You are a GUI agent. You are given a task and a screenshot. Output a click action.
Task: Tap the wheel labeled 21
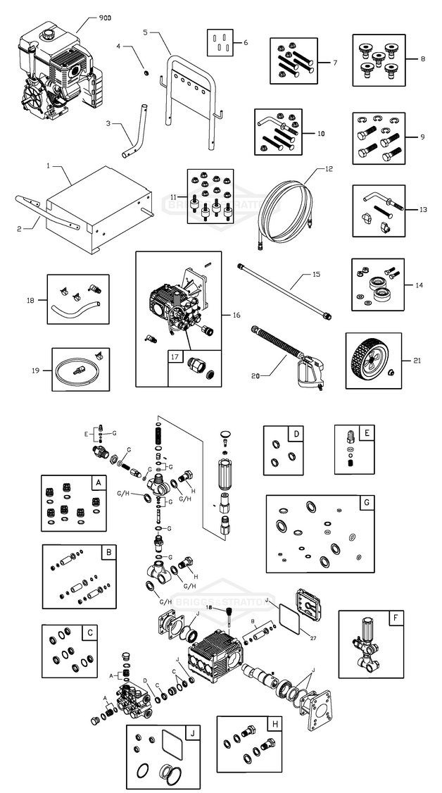pyautogui.click(x=370, y=360)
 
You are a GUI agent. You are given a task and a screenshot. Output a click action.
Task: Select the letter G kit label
pyautogui.click(x=366, y=502)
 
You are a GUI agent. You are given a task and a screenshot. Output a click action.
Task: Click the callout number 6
pyautogui.click(x=246, y=43)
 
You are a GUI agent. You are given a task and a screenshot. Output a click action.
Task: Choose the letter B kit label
pyautogui.click(x=108, y=553)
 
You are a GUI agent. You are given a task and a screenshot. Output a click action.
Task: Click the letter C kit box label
pyautogui.click(x=90, y=632)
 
